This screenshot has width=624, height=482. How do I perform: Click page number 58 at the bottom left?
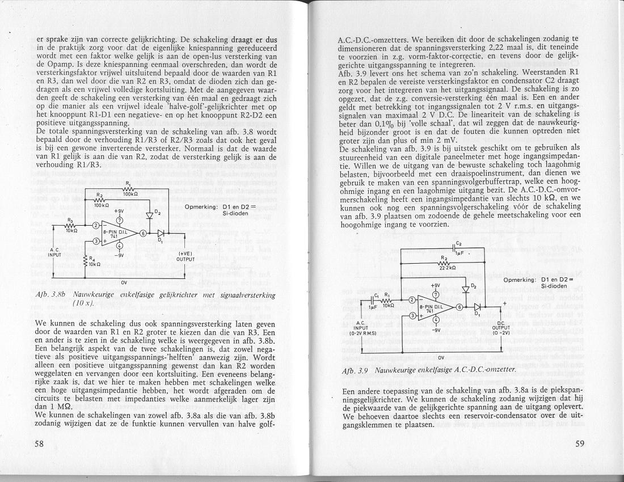[x=39, y=443]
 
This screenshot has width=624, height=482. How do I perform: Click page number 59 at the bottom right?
[x=579, y=443]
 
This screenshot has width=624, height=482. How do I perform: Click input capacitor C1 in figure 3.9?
[x=373, y=299]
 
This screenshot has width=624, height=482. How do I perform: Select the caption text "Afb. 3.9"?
[x=353, y=369]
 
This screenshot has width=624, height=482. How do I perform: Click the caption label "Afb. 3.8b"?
[x=51, y=294]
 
